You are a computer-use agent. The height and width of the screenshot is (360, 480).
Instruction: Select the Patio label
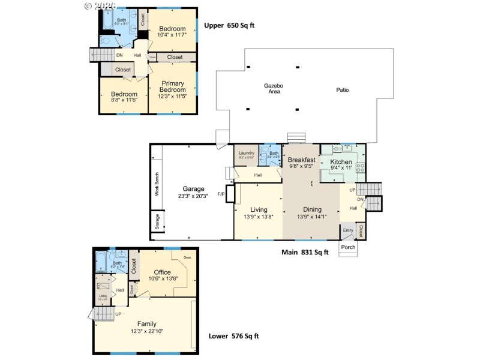342,90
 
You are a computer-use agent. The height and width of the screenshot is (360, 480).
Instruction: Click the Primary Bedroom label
172,86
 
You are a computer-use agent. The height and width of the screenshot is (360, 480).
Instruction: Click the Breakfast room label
301,160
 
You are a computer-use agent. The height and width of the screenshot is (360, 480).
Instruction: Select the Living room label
259,209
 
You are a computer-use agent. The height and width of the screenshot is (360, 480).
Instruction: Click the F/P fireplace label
221,194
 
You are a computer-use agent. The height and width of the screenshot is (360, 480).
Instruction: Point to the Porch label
348,247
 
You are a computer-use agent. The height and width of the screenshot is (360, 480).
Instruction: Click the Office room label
163,272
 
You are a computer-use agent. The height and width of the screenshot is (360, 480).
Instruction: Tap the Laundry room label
246,153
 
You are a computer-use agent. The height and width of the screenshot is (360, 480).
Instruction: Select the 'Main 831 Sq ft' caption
305,253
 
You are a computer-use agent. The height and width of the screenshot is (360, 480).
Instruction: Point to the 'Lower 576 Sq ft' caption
233,337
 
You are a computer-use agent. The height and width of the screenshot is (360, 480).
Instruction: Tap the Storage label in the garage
157,221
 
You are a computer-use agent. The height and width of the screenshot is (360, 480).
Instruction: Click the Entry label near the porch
348,230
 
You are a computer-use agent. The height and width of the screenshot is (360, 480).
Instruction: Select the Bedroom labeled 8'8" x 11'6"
124,94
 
